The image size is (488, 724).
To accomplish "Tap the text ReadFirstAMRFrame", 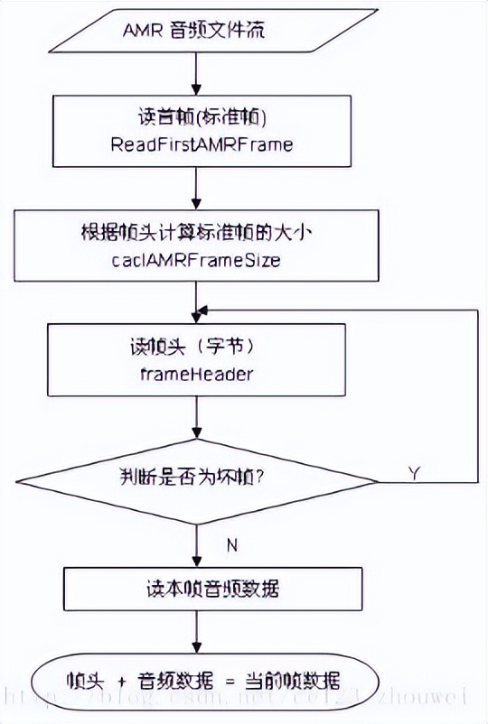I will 196,144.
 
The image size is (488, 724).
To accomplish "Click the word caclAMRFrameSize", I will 196,261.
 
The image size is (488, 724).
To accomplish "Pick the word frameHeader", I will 196,372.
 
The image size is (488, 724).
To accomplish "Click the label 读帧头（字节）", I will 196,348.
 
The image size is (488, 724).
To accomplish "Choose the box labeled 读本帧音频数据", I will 196,589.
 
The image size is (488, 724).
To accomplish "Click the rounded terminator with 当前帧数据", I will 196,679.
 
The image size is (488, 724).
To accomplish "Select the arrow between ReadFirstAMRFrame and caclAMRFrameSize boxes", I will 196,190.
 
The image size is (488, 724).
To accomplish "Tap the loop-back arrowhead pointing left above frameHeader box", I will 204,309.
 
